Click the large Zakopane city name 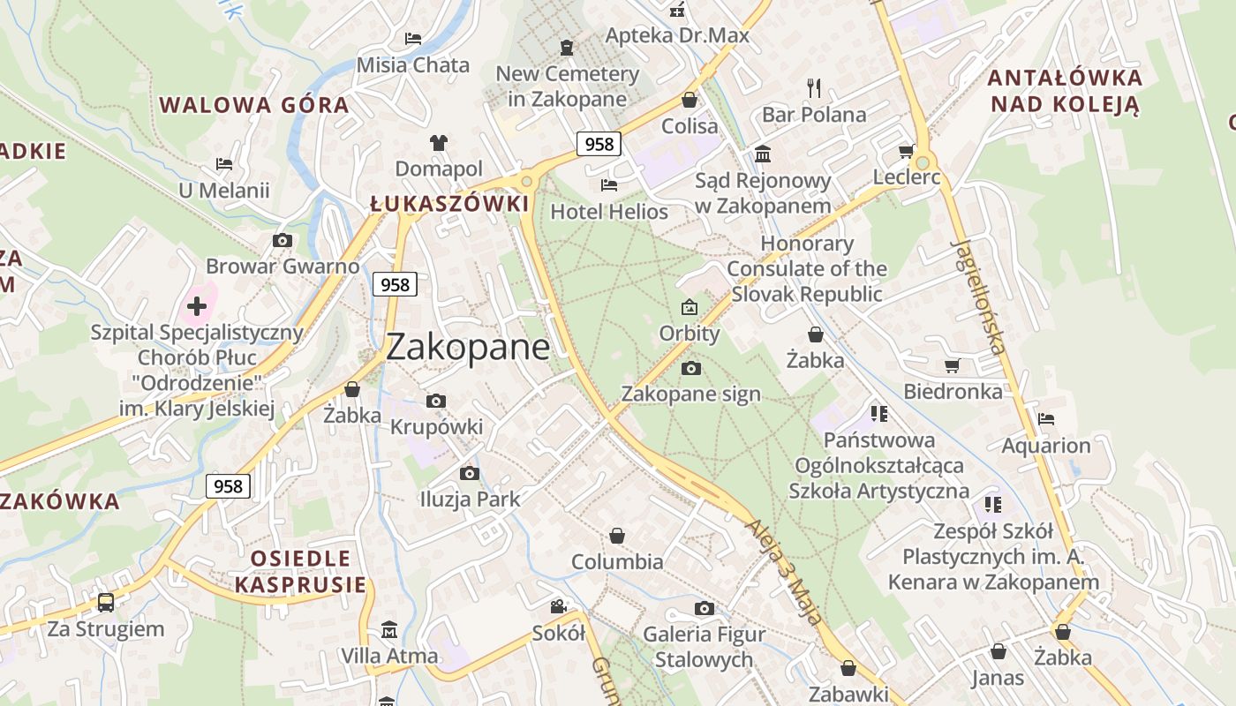click(x=468, y=347)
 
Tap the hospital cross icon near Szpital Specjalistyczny click(x=197, y=306)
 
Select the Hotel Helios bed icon click(x=608, y=184)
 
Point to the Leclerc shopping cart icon click(x=906, y=152)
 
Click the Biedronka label click(x=953, y=391)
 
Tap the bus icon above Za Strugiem click(x=106, y=603)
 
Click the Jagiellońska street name click(x=979, y=296)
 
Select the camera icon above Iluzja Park click(x=470, y=473)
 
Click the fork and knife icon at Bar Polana click(x=814, y=87)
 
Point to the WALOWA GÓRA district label click(x=254, y=105)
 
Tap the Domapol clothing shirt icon click(x=439, y=142)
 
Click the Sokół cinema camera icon click(x=559, y=606)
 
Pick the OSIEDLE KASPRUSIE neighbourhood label click(x=300, y=571)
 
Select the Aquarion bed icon click(x=1046, y=419)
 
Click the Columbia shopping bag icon click(x=617, y=536)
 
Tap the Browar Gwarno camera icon click(x=283, y=240)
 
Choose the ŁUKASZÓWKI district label click(x=449, y=204)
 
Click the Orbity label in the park click(x=690, y=334)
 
